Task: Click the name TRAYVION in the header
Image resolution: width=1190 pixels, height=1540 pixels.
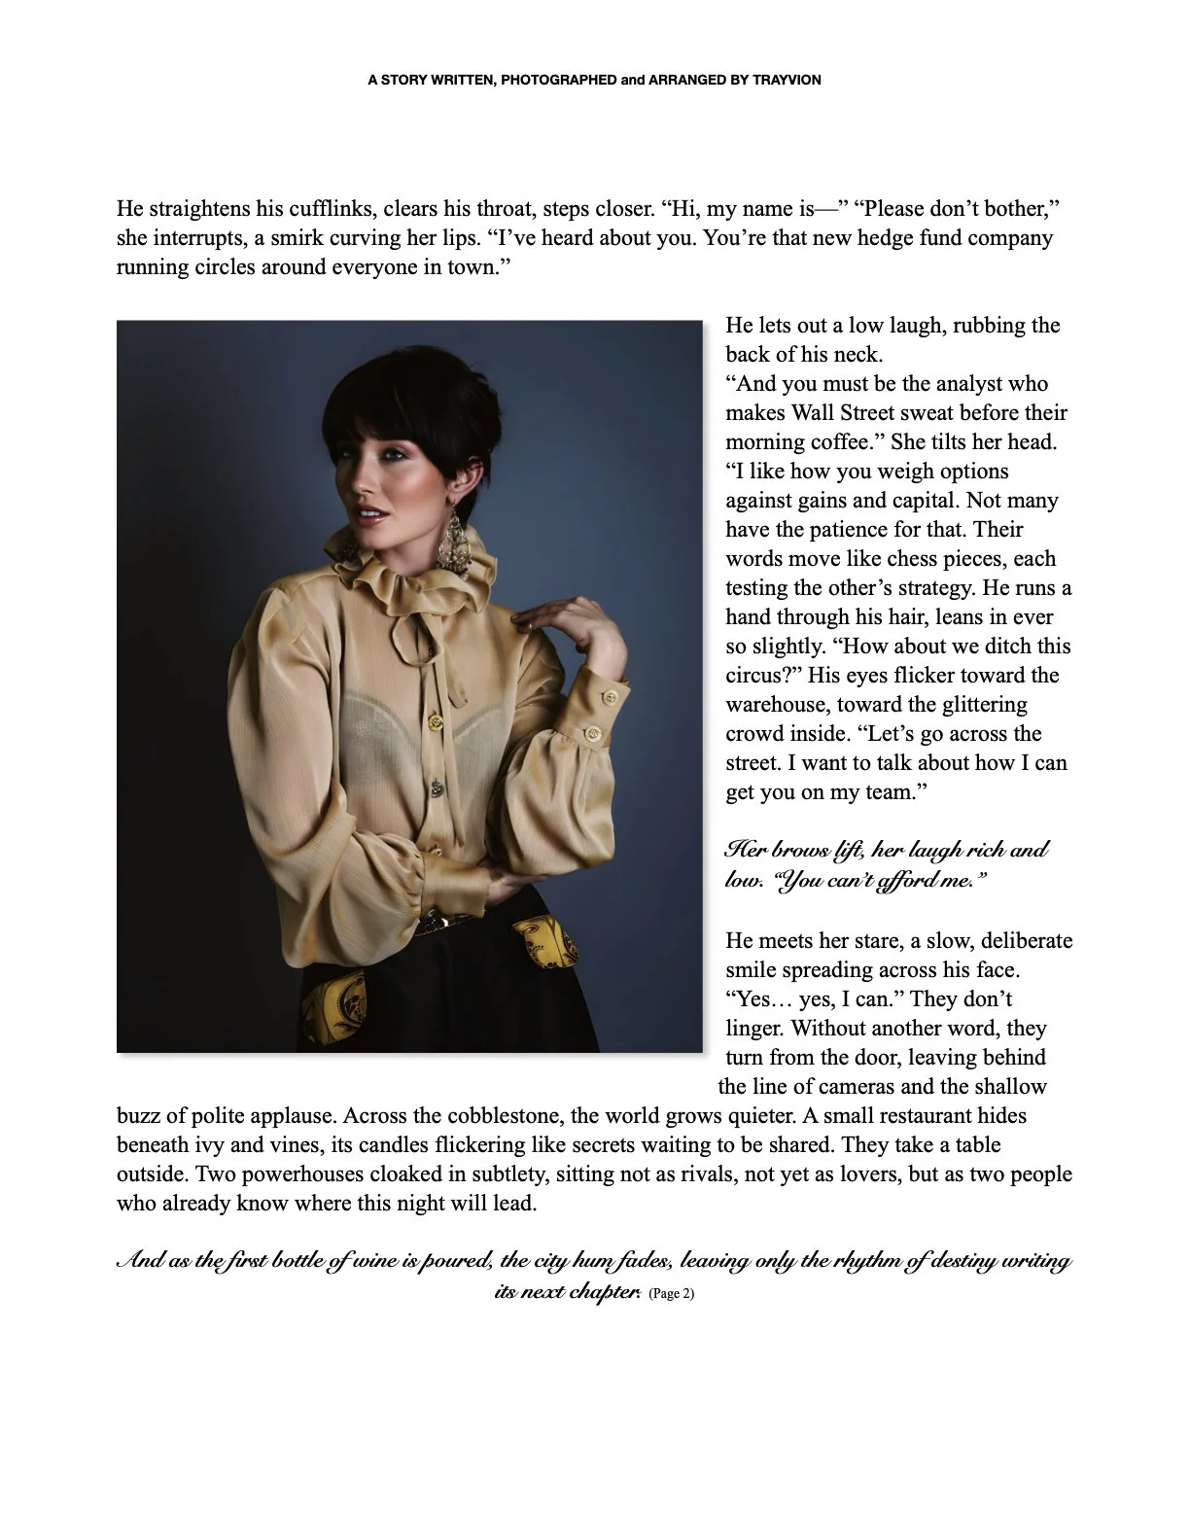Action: click(787, 81)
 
